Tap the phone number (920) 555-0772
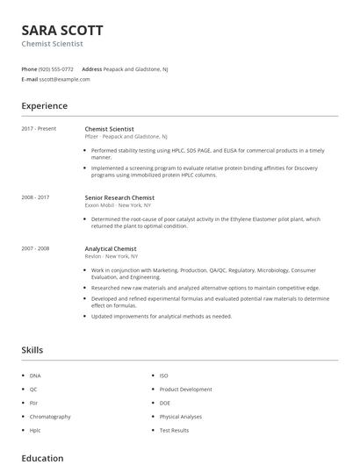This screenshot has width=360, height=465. [57, 68]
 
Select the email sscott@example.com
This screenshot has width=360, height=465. [64, 79]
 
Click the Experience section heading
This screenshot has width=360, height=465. [44, 106]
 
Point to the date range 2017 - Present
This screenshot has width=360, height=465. [39, 129]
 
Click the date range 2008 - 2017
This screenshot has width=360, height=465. [35, 197]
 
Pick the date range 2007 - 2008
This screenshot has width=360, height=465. [35, 248]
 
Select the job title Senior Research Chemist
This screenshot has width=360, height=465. [119, 197]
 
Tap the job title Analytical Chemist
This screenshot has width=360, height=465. [111, 248]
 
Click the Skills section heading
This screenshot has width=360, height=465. [32, 350]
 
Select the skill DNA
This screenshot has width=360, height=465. [35, 376]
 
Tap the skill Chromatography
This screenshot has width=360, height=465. [50, 417]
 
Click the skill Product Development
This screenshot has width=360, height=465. [185, 390]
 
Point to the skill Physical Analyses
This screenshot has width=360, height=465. [180, 417]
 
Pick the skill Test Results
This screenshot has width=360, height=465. [174, 431]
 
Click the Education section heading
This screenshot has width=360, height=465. [42, 458]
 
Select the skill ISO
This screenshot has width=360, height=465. [164, 376]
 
